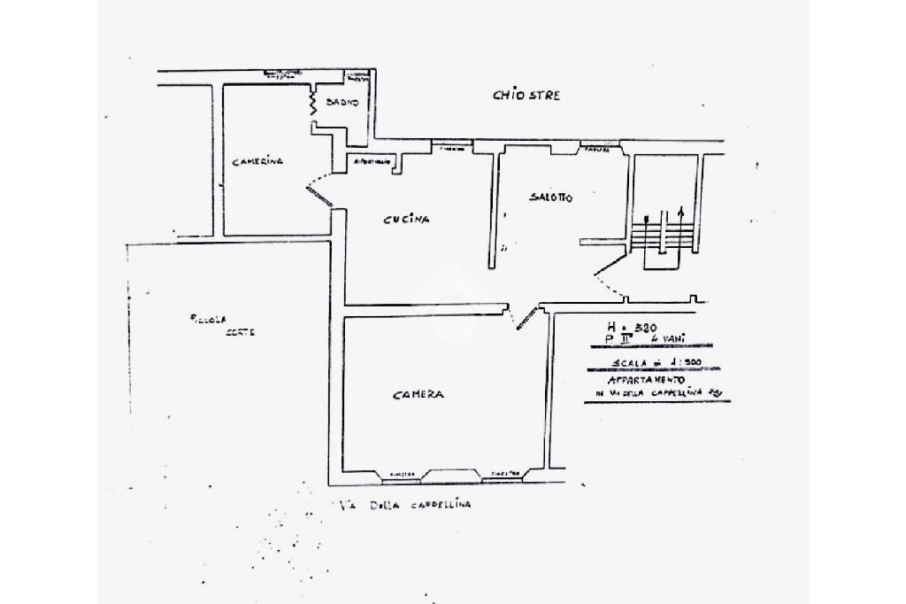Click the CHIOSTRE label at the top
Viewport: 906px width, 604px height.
526,96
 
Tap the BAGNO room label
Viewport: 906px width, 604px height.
342,103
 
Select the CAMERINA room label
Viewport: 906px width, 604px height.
257,162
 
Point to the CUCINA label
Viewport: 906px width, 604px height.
406,221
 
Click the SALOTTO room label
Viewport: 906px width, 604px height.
550,198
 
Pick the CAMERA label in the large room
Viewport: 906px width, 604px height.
418,396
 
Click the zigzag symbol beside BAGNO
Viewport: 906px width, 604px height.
311,105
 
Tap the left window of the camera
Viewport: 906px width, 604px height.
403,476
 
